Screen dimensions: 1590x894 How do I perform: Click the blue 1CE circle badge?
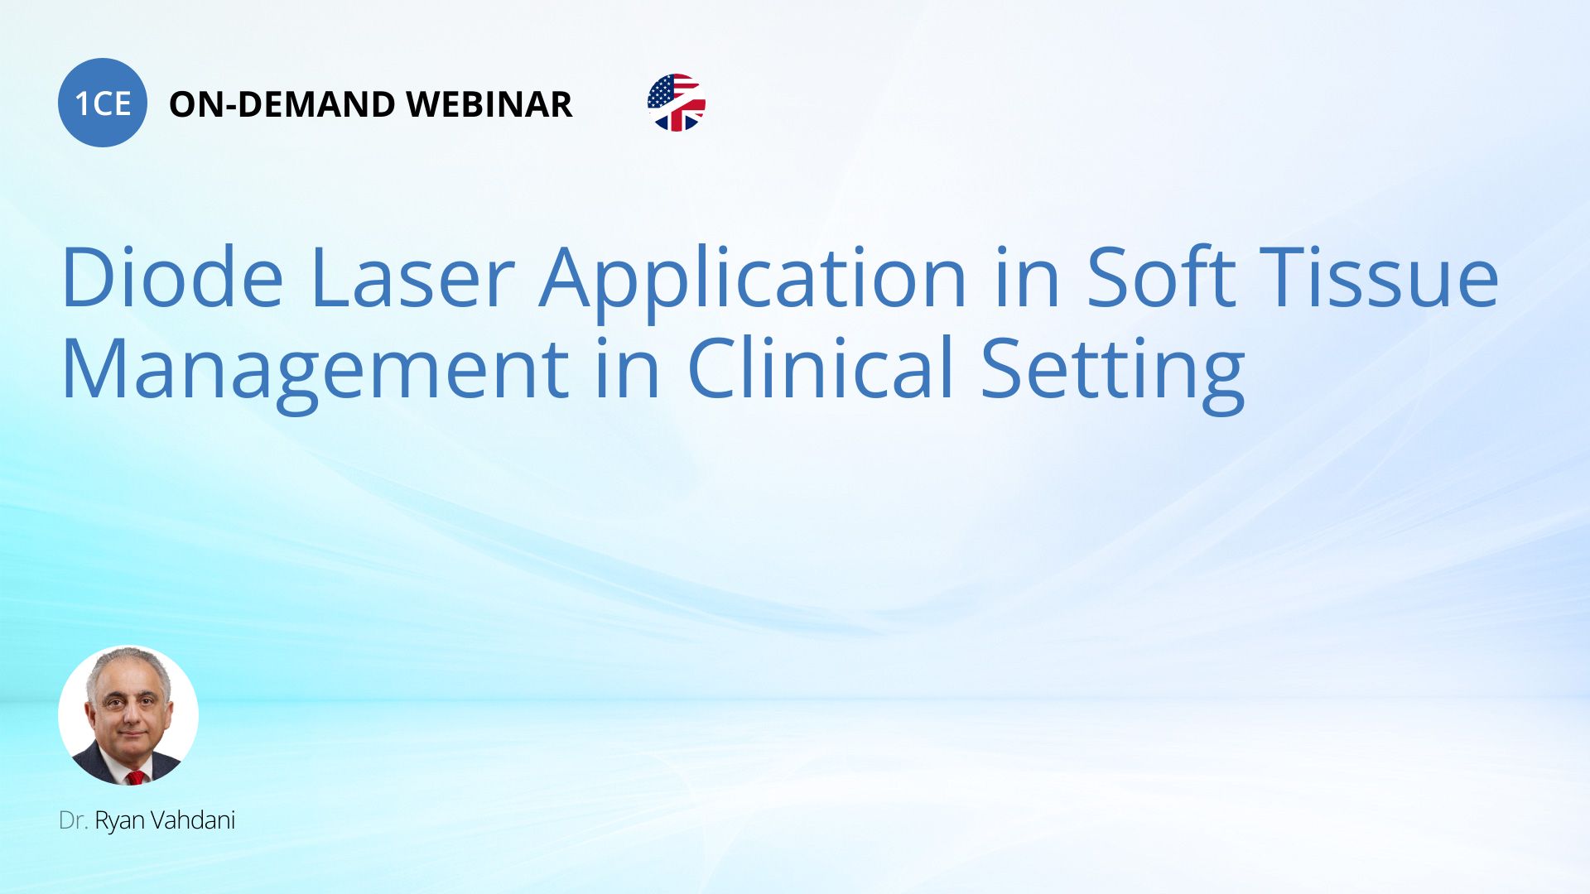(x=103, y=103)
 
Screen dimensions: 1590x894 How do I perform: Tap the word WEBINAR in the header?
(x=489, y=104)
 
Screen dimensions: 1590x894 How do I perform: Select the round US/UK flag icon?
(x=677, y=103)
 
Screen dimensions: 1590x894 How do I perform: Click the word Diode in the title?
(x=172, y=277)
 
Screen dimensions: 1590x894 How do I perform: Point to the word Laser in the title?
(x=412, y=277)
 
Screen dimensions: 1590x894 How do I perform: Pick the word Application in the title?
(x=753, y=281)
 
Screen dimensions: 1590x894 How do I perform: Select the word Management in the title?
(x=316, y=371)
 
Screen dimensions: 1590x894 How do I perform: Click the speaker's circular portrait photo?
(x=128, y=715)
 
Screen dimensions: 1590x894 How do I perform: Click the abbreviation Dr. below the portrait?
(x=74, y=820)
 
